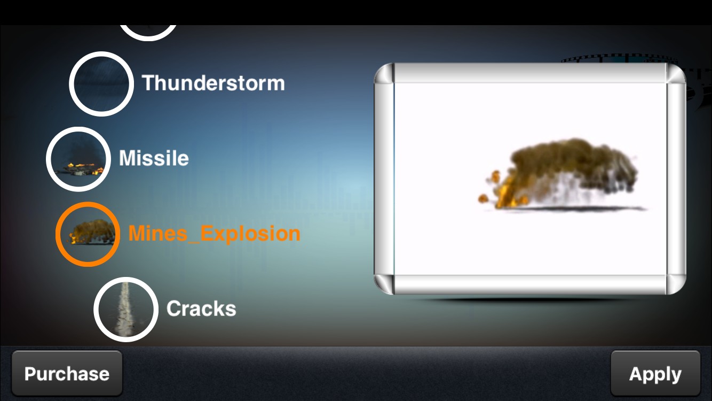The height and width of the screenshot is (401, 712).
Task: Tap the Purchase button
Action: point(67,373)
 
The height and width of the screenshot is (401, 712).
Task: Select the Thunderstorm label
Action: point(213,83)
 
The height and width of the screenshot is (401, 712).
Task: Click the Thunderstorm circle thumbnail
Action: point(101,84)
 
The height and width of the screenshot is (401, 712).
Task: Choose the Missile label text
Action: point(154,158)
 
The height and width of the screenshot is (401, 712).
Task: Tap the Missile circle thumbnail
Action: point(78,159)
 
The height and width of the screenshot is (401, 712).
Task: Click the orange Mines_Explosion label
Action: point(214,234)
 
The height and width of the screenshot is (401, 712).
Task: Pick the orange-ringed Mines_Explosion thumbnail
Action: point(88,234)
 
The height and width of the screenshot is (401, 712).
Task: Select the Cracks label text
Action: point(201,309)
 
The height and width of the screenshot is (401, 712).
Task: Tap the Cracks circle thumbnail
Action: point(126,309)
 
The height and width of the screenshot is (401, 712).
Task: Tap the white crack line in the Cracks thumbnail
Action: point(125,309)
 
